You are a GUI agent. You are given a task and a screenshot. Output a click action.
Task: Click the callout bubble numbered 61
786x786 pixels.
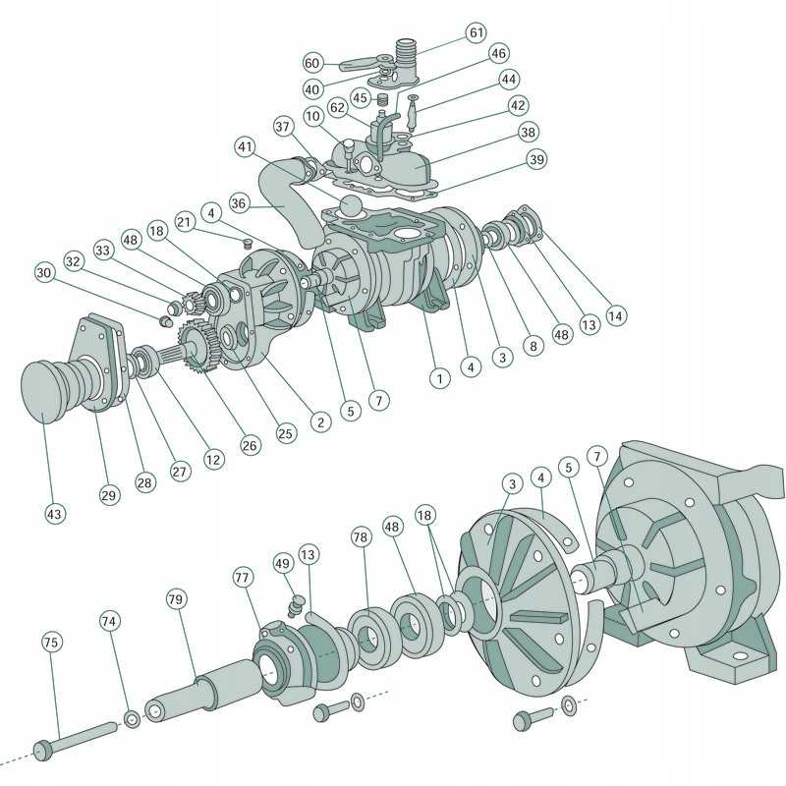(477, 32)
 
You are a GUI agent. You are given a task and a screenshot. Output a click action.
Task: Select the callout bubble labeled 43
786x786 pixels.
(55, 513)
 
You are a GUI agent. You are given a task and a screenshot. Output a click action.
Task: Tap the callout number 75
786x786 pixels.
(51, 642)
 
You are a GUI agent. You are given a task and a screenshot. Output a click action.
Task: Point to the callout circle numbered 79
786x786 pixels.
(176, 598)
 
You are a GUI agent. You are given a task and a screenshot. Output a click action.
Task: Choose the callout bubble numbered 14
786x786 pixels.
(615, 316)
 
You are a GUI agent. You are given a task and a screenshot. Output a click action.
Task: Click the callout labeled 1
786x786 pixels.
(441, 376)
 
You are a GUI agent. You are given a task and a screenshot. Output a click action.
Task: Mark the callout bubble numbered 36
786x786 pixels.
(239, 203)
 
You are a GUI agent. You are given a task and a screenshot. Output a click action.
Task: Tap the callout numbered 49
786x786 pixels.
(283, 563)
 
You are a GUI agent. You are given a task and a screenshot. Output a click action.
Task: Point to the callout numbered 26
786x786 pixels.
(251, 445)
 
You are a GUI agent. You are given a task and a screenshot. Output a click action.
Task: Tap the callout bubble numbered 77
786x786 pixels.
(242, 576)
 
